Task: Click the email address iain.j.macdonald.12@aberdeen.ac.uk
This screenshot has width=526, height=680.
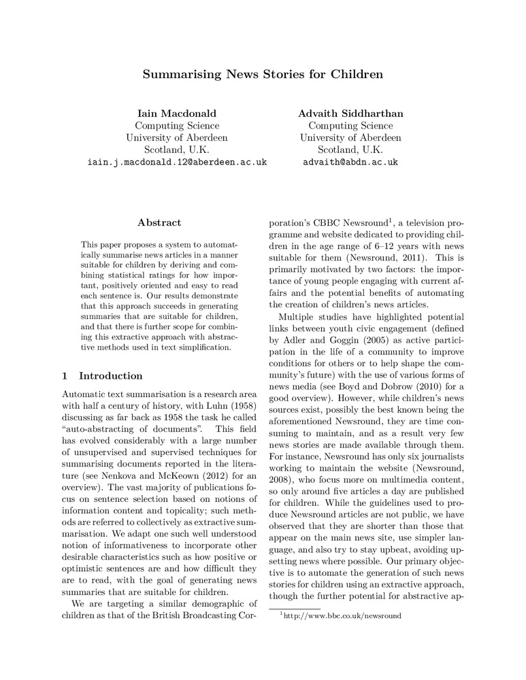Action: [177, 163]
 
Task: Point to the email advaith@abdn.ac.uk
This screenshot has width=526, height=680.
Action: [350, 163]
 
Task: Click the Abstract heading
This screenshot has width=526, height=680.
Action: [159, 222]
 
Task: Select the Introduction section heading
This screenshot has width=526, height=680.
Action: [111, 376]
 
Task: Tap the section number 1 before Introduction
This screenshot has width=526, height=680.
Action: [65, 376]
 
